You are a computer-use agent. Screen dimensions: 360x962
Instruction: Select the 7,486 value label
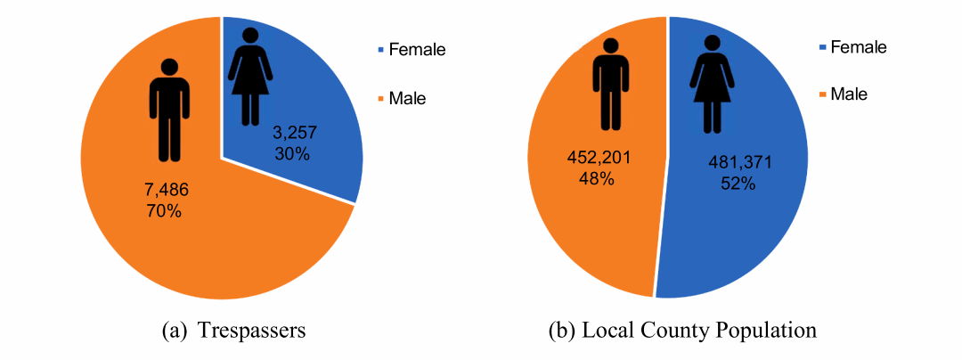pos(167,193)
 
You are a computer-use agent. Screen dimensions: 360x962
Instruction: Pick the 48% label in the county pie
pos(596,178)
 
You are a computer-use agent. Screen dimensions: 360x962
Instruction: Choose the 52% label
pos(738,184)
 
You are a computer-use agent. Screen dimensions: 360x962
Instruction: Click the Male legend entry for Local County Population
pos(848,94)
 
